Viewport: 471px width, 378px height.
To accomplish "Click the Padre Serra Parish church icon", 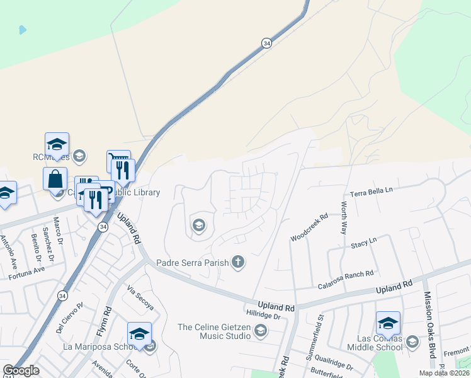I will click(237, 261).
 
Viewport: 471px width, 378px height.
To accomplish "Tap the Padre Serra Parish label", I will click(191, 261).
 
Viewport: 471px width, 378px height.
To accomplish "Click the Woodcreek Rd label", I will click(309, 228).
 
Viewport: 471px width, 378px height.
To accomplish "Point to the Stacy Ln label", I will click(364, 242).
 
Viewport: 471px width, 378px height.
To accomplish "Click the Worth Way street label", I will click(344, 218).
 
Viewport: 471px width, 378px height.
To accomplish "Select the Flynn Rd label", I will click(108, 319).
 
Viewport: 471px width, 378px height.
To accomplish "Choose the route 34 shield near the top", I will click(267, 43).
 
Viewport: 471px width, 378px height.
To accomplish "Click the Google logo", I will click(21, 370).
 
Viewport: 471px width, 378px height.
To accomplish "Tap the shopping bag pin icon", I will click(55, 179).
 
